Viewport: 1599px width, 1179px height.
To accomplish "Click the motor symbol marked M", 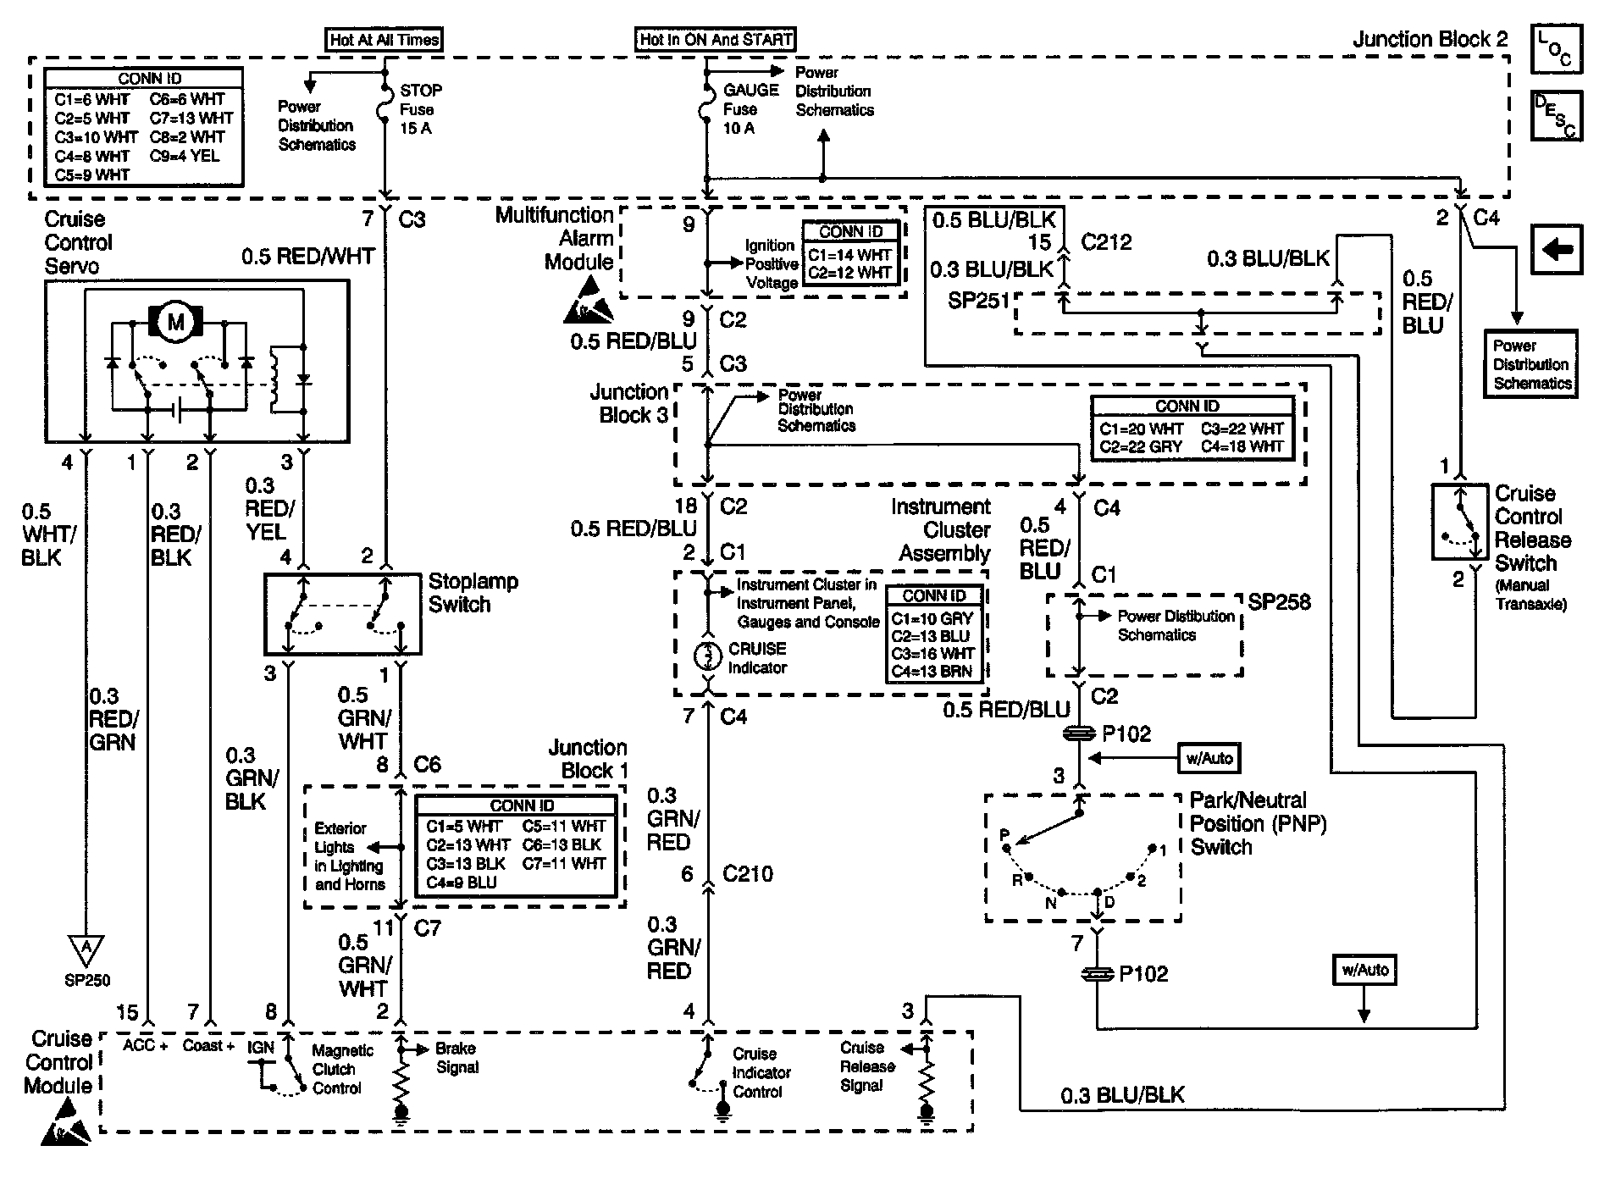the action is (176, 322).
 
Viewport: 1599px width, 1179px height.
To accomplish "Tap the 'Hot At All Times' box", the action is (385, 39).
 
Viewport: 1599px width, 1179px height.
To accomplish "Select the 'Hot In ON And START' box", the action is (716, 39).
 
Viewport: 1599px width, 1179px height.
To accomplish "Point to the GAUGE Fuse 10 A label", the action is (750, 109).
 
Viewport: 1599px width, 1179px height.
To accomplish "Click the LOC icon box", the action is (1556, 49).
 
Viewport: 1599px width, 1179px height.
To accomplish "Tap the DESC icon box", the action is (1556, 116).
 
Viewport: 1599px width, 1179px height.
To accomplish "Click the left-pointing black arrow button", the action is (1557, 250).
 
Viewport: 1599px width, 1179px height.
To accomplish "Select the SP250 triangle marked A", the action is (86, 951).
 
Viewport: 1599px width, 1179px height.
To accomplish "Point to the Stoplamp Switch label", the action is (473, 593).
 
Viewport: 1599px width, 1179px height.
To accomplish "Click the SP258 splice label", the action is (1279, 602).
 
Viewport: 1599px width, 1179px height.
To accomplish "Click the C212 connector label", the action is (1106, 242).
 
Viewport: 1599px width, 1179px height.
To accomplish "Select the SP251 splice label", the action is (979, 301).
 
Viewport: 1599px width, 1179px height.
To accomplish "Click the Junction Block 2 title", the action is (1430, 39).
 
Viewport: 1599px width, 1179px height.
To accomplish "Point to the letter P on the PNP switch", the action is (1004, 835).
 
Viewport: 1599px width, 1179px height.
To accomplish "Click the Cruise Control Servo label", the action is (79, 242).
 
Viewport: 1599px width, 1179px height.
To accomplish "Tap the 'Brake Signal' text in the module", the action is (457, 1058).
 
